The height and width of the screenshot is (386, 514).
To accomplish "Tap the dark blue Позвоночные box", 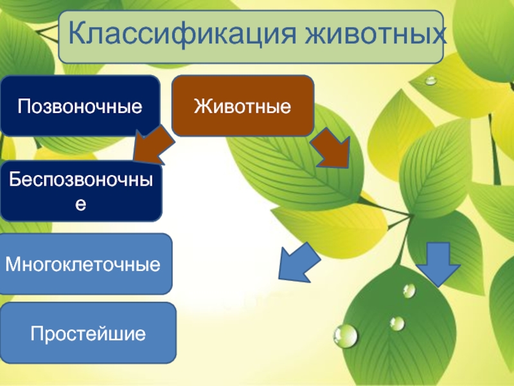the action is point(80,106).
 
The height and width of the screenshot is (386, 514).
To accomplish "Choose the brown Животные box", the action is point(243,106).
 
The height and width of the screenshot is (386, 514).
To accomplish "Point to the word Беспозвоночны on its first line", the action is point(81,180).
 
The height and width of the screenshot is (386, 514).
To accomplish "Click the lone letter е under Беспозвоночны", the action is point(81,204).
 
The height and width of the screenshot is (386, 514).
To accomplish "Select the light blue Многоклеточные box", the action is point(85,264).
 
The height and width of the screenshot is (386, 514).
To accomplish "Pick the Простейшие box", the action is point(88,333).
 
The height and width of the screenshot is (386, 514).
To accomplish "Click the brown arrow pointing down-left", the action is point(154,144).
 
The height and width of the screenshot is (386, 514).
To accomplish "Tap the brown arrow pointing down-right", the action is point(331,149).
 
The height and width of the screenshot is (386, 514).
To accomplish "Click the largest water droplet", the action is point(346,336).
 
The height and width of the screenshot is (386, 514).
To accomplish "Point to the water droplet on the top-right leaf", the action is point(430,80).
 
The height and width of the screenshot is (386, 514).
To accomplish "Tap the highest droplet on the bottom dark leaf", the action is point(409,291).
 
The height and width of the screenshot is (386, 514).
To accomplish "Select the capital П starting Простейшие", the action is point(37,333).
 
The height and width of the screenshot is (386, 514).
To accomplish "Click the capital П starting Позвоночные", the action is point(24,106).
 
